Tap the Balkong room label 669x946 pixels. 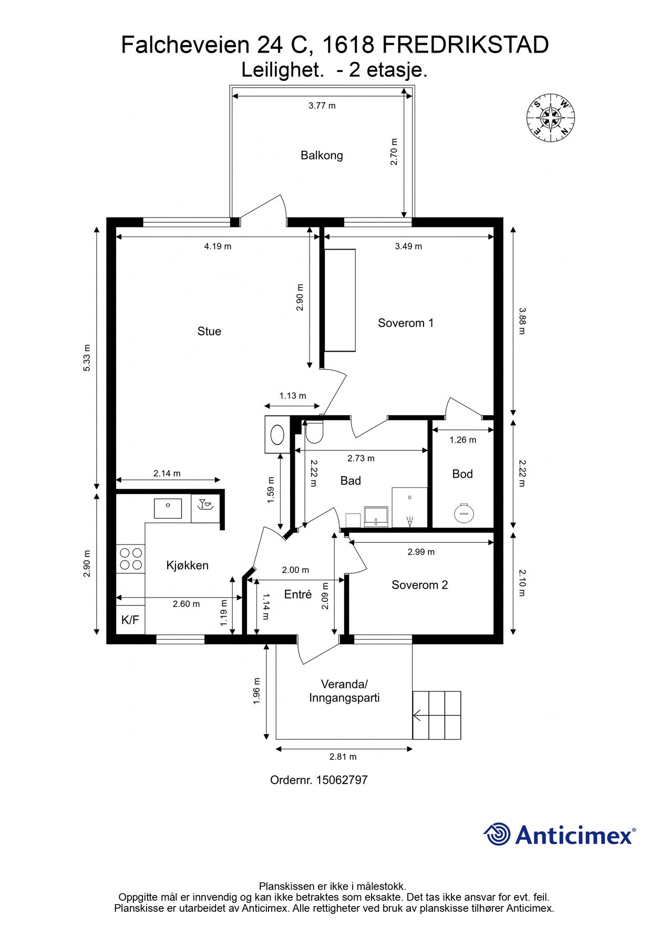click(322, 156)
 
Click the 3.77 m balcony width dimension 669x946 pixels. click(322, 106)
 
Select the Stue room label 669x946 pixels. click(209, 332)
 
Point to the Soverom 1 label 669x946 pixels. click(406, 323)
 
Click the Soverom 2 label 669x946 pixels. click(419, 585)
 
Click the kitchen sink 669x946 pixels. click(168, 508)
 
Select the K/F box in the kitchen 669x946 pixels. click(130, 620)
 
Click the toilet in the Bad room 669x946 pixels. click(314, 433)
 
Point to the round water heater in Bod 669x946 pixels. click(464, 512)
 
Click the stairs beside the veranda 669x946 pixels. click(437, 715)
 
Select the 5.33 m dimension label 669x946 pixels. click(87, 358)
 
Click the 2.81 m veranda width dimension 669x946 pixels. click(343, 757)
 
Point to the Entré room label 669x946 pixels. click(298, 594)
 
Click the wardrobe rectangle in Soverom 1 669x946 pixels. click(340, 300)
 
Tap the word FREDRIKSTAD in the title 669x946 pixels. click(465, 45)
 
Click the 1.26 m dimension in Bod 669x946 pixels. click(462, 440)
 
